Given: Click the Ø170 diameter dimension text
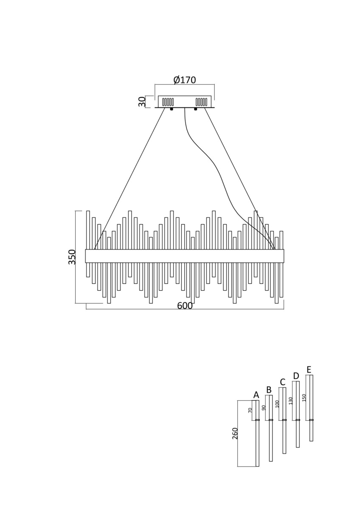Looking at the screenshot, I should coord(185,80).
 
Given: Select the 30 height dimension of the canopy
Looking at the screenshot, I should coord(142,101).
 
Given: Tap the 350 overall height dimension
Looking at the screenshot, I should coord(72,257).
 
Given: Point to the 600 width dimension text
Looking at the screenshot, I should coord(185,306).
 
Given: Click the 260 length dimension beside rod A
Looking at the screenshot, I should coord(235,433).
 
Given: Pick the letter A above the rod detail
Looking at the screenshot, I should coord(256,395).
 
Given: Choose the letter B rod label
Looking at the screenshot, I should coord(269,390).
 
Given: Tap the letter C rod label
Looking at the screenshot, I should coord(283,382).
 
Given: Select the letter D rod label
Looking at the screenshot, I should coord(296,376).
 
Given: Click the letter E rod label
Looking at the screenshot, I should coord(309,369).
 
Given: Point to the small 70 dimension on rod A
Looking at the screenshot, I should coord(250,410).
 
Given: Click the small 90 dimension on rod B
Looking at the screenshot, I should coord(264,408).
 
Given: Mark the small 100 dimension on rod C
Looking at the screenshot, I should coord(277,404).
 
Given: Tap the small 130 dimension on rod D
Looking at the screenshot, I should coord(291,400).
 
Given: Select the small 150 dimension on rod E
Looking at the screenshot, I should coord(304,397).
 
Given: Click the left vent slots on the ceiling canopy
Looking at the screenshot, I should coord(168,102).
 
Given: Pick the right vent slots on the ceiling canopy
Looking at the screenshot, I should coord(201,102).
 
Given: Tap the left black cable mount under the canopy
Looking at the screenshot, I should coord(172,109).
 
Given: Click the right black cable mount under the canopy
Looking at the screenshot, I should coord(196,109).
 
